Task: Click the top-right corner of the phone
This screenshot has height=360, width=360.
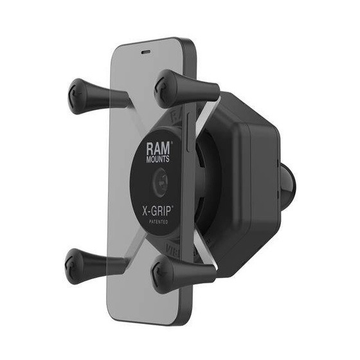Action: pos(188,45)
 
